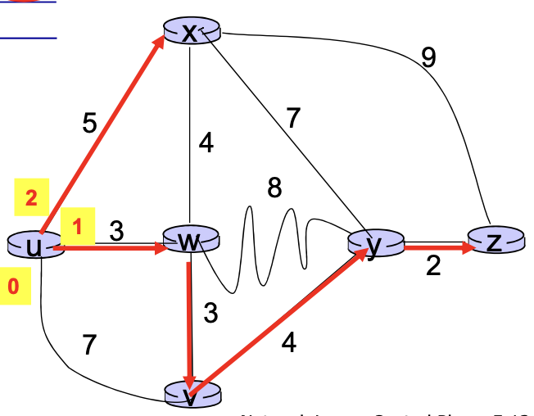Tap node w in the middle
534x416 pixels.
point(191,241)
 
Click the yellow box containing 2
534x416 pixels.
point(31,198)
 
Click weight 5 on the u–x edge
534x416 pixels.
point(89,124)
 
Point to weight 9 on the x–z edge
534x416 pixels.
point(428,57)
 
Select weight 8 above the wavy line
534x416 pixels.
point(275,189)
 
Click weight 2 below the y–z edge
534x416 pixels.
point(433,268)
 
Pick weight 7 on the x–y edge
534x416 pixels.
point(292,119)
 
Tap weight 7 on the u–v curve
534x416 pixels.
point(90,346)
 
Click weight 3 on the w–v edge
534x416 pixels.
point(210,314)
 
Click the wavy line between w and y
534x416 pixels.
point(270,246)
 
